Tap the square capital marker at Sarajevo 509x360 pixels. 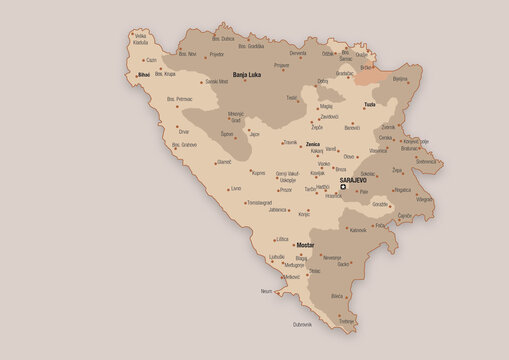click(x=342, y=187)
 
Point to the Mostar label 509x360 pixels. click(x=305, y=244)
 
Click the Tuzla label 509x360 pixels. click(x=369, y=104)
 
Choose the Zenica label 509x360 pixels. click(x=312, y=146)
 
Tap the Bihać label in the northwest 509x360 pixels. click(x=144, y=75)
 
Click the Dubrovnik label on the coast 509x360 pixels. click(x=303, y=324)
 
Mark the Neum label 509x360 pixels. click(x=266, y=291)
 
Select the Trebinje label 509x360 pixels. click(x=346, y=320)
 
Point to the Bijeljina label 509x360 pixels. click(x=400, y=77)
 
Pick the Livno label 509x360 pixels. click(x=235, y=188)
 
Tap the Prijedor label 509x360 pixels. click(x=216, y=54)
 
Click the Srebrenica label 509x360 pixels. click(x=426, y=161)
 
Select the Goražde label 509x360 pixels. click(x=380, y=204)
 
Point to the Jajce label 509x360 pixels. click(x=254, y=133)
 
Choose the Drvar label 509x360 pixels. click(x=183, y=131)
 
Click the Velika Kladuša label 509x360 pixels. click(x=140, y=40)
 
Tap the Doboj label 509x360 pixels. click(x=323, y=81)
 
